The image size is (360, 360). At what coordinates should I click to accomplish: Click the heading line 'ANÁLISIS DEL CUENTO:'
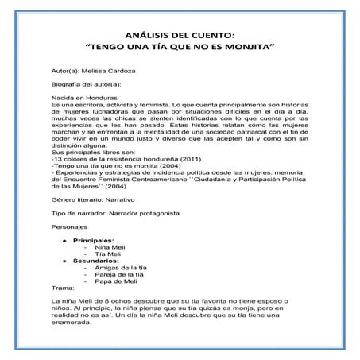[x=180, y=34]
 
